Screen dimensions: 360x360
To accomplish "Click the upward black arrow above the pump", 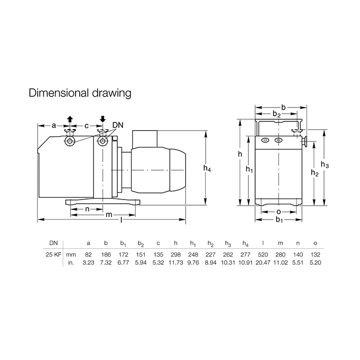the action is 70,119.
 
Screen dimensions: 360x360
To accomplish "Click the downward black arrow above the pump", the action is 103,119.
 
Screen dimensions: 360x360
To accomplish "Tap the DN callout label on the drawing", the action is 118,125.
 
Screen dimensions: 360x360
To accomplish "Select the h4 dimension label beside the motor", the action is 207,168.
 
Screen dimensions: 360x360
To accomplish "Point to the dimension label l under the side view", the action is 121,220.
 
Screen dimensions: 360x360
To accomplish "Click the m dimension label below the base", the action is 109,215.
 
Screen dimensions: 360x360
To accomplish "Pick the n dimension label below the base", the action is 87,209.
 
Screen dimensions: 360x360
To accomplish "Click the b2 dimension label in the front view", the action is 277,114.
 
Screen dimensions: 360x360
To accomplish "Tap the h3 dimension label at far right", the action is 325,165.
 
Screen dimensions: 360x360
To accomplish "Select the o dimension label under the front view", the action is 279,212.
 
